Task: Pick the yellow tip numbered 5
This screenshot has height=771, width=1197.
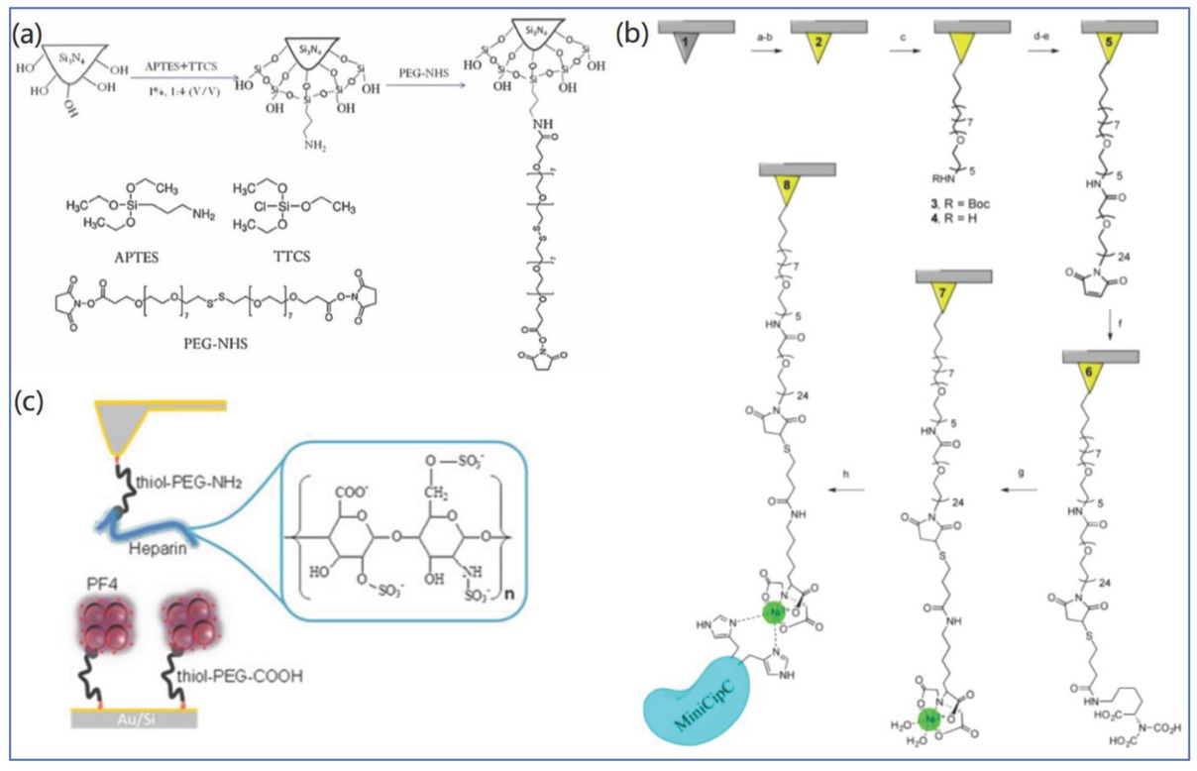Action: pyautogui.click(x=1121, y=42)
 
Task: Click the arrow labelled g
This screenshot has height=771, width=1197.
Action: pyautogui.click(x=1018, y=489)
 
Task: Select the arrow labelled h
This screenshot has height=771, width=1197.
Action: pyautogui.click(x=847, y=489)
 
